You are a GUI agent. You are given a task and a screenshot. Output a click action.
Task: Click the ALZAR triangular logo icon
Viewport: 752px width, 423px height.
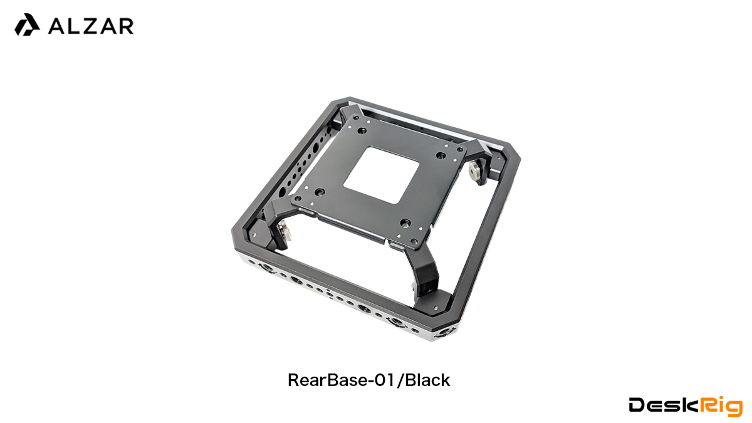[27, 24]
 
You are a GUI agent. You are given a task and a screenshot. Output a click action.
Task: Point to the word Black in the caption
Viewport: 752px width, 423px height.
[427, 380]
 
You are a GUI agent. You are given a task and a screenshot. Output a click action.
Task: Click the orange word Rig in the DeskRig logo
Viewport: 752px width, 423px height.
[721, 407]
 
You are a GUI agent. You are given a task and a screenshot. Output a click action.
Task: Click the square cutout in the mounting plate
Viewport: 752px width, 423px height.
[382, 175]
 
